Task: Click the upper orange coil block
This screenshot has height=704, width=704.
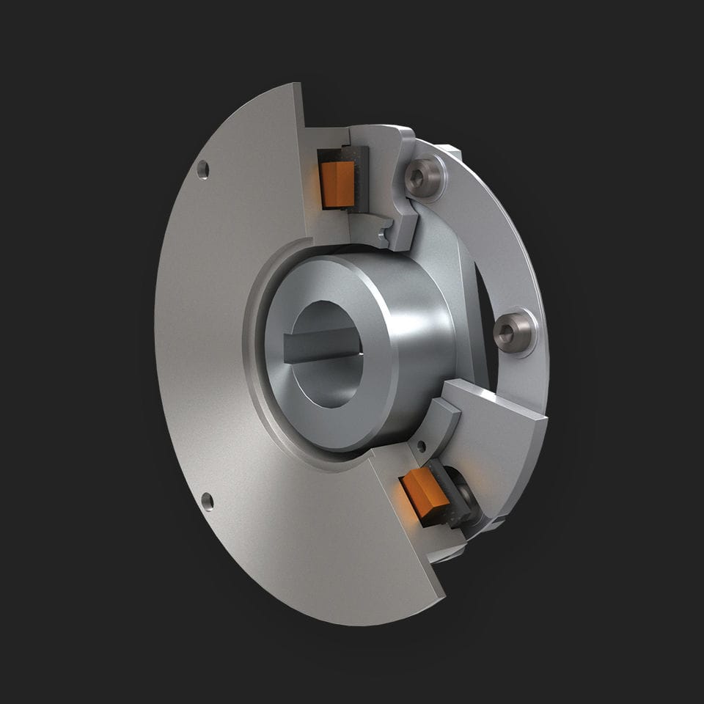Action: [338, 183]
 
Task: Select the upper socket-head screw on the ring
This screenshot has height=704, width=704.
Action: [425, 177]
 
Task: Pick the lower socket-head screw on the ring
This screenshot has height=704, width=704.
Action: [513, 332]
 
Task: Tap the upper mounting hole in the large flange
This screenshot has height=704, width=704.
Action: [203, 169]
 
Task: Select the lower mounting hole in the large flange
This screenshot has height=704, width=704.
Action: [208, 502]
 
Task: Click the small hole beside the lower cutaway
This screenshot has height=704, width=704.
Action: [421, 445]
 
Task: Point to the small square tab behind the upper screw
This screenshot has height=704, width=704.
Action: [452, 152]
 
